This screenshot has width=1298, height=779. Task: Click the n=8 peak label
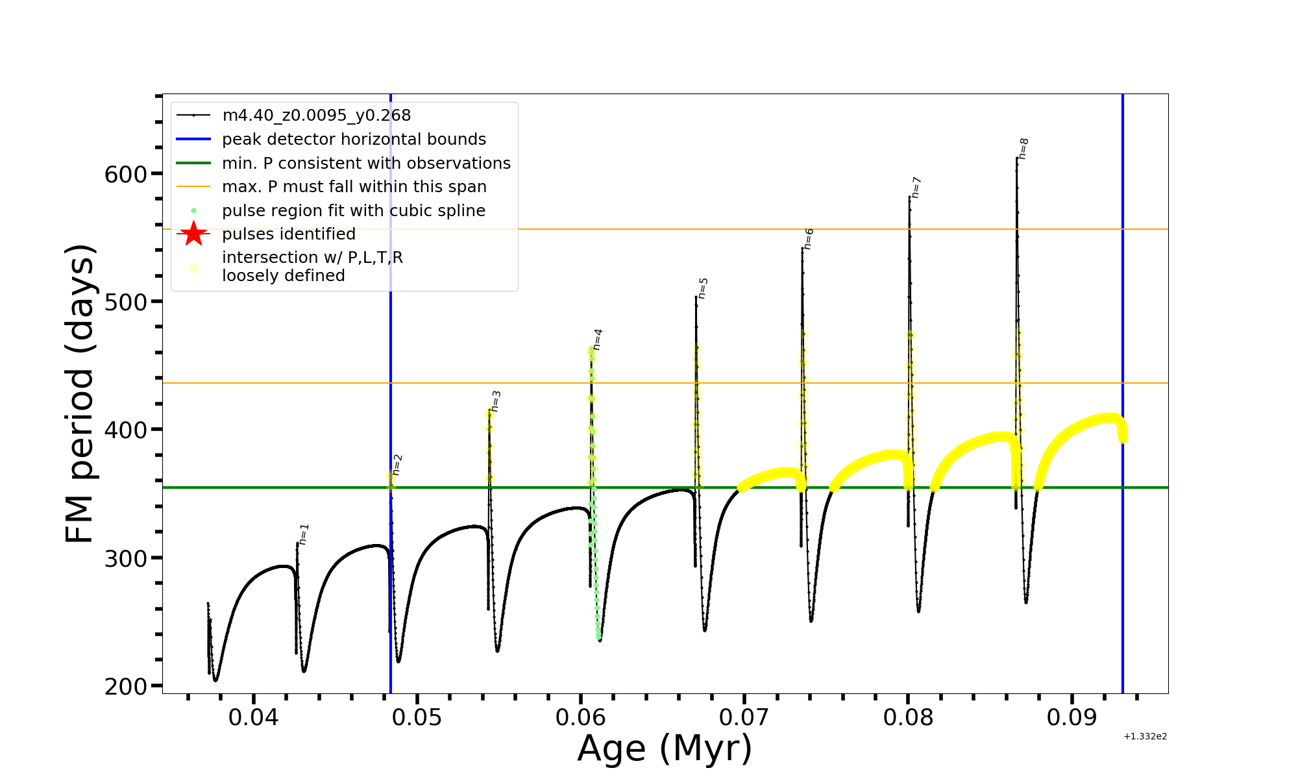(1023, 149)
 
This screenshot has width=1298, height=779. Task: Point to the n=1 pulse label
(304, 534)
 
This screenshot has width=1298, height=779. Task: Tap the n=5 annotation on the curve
(703, 288)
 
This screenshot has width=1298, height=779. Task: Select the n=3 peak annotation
(496, 401)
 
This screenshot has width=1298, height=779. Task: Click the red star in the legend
(193, 234)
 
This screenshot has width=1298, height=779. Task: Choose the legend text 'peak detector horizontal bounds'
(354, 140)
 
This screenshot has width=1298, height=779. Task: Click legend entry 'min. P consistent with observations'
(366, 163)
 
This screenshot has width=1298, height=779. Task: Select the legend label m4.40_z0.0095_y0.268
(316, 116)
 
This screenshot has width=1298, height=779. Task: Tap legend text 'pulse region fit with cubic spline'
(354, 211)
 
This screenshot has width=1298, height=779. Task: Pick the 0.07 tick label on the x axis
(744, 717)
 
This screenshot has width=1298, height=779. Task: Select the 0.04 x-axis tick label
(254, 717)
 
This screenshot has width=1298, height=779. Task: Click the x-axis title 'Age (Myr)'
(665, 748)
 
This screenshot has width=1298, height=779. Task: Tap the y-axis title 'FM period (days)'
(80, 393)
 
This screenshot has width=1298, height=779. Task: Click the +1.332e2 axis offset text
(1145, 736)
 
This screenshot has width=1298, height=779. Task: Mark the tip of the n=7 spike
(909, 197)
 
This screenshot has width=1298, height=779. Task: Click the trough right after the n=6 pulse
(811, 621)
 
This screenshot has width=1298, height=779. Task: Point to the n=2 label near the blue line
(397, 465)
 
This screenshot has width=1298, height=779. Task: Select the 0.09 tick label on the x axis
(1071, 717)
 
